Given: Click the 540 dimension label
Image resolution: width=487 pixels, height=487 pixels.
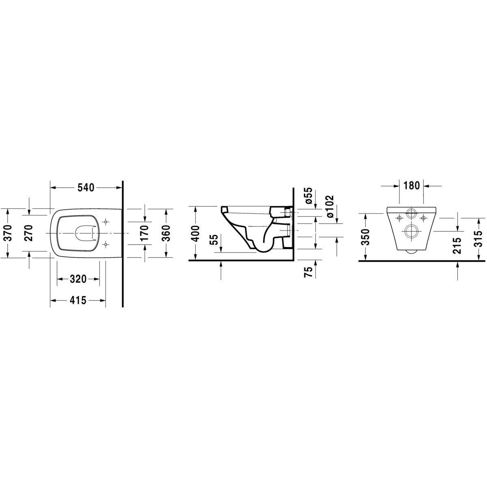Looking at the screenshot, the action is click(x=86, y=187).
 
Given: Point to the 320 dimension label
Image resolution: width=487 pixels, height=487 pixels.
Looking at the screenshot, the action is click(x=78, y=279).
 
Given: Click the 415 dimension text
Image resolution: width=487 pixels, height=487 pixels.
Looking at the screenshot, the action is click(x=78, y=300).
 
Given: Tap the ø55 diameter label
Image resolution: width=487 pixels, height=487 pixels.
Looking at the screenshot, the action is click(x=308, y=196).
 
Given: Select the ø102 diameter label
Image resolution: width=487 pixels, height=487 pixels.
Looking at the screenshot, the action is click(x=330, y=207).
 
